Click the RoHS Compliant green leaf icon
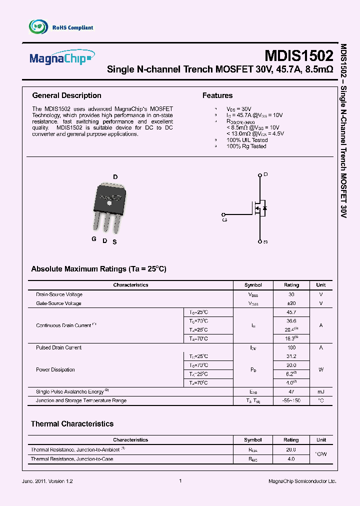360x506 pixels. pyautogui.click(x=38, y=27)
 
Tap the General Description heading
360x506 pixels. pyautogui.click(x=66, y=95)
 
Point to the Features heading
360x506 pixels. pyautogui.click(x=217, y=95)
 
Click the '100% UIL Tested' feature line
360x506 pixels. pyautogui.click(x=247, y=140)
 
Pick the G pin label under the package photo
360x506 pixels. pyautogui.click(x=93, y=239)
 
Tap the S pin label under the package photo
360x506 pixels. pyautogui.click(x=114, y=242)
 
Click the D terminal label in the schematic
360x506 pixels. pyautogui.click(x=265, y=174)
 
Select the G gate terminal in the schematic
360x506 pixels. pyautogui.click(x=224, y=219)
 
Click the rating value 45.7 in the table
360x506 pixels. pyautogui.click(x=291, y=312)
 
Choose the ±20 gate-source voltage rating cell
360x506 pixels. pyautogui.click(x=291, y=303)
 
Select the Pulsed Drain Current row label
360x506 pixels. pyautogui.click(x=58, y=347)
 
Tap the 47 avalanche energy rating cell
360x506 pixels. pyautogui.click(x=291, y=391)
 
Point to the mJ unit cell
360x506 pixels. pyautogui.click(x=321, y=391)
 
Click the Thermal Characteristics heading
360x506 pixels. pyautogui.click(x=72, y=424)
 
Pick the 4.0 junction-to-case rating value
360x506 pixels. pyautogui.click(x=291, y=458)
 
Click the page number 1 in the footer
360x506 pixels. pyautogui.click(x=180, y=481)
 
